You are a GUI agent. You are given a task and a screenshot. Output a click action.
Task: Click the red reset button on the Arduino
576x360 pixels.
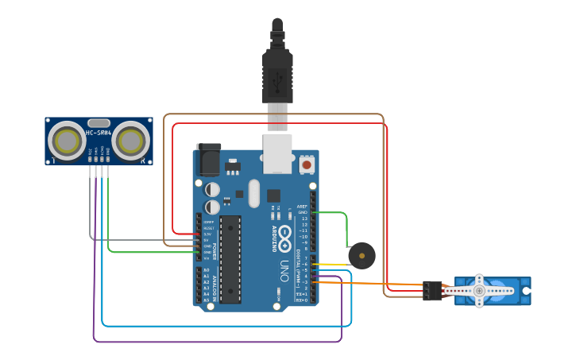pos(307,165)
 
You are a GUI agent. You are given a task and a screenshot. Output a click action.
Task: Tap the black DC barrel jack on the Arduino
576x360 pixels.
pos(208,160)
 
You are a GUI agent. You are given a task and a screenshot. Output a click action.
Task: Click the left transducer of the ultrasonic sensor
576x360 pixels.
pos(67,141)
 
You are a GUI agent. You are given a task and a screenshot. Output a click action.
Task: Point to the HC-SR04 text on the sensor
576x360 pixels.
pos(98,133)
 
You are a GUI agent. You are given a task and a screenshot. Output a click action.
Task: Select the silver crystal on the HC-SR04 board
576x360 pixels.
pos(99,123)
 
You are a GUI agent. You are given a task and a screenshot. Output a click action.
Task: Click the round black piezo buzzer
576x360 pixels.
pos(362,256)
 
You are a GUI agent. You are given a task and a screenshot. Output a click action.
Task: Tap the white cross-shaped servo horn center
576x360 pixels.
pos(479,291)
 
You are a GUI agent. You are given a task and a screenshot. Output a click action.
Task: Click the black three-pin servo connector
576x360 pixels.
pos(432,291)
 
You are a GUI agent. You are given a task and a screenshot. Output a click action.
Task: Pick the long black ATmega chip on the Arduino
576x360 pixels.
pos(230,259)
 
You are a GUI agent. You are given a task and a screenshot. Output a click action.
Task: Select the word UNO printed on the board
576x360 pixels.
pos(284,271)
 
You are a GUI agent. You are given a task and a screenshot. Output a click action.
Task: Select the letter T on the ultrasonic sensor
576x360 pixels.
pos(53,161)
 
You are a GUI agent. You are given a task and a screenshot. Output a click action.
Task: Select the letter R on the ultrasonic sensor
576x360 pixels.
pos(143,161)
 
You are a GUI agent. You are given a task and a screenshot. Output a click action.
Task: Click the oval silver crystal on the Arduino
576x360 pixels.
pos(253,193)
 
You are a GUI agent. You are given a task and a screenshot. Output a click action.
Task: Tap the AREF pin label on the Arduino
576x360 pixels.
pos(302,207)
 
